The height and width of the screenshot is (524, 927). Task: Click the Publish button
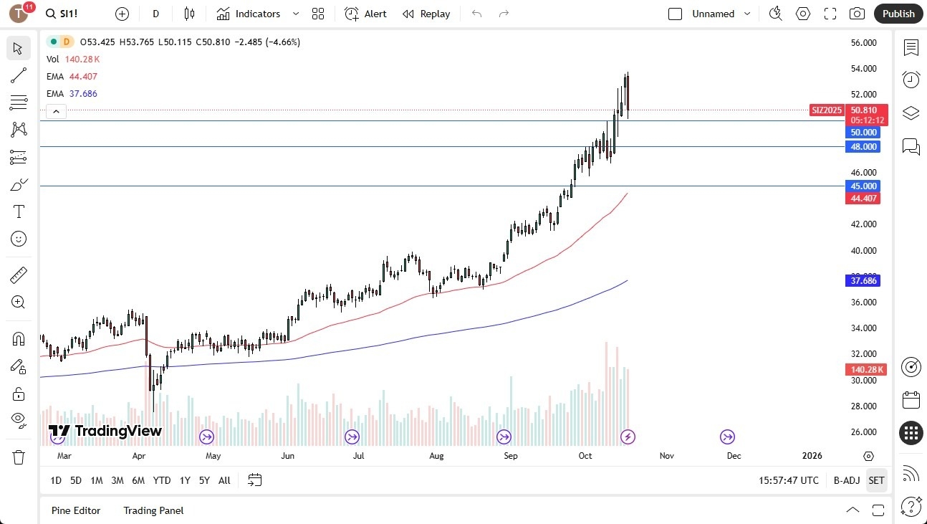click(898, 14)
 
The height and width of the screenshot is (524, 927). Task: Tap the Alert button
click(365, 14)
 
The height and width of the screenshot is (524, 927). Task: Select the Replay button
click(426, 14)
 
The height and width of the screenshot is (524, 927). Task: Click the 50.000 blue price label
click(863, 133)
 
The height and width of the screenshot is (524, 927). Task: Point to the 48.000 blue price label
click(863, 147)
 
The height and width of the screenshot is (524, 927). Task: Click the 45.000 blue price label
click(863, 186)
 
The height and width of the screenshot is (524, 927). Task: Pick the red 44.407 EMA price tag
click(863, 199)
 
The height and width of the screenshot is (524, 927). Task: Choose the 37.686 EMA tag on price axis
click(863, 281)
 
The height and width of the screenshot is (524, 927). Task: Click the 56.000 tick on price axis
click(863, 43)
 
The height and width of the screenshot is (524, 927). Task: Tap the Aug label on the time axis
click(436, 456)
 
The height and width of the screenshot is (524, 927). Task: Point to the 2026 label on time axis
click(812, 456)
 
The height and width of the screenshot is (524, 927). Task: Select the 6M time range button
click(138, 480)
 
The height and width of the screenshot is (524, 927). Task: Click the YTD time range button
click(162, 480)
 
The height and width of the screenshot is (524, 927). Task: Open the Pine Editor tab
click(76, 510)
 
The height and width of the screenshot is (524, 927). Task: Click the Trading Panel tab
click(153, 510)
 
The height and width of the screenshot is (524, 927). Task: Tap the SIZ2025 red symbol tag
click(827, 110)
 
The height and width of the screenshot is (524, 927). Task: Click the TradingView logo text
click(105, 431)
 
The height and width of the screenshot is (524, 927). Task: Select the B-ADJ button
click(847, 480)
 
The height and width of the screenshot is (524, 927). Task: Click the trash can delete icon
click(19, 457)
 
